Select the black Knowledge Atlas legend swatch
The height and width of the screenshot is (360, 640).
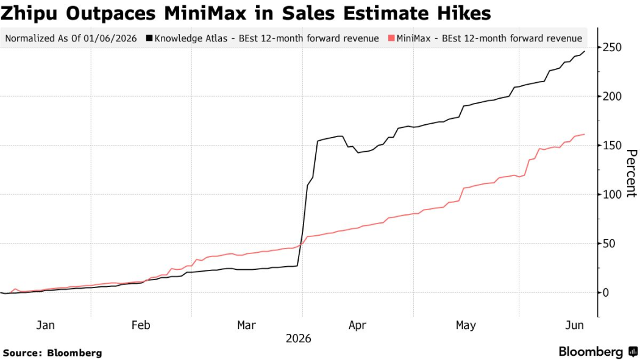[x=149, y=38]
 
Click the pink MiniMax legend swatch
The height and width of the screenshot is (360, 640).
[x=391, y=38]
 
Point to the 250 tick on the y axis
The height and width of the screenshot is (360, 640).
[x=612, y=48]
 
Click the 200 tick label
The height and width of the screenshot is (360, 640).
[x=612, y=97]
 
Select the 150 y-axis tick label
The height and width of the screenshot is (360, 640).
[x=612, y=146]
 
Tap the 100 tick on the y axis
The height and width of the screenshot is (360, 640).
[x=612, y=194]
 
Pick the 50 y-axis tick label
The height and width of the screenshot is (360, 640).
[x=608, y=244]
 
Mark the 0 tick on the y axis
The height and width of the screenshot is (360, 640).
[x=605, y=292]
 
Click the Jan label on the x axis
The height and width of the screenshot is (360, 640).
[x=45, y=325]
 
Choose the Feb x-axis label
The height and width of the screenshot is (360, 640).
[x=141, y=325]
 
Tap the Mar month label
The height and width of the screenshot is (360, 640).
[x=246, y=325]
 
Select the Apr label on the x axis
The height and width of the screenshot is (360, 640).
[x=357, y=325]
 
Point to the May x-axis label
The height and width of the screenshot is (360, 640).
[x=466, y=325]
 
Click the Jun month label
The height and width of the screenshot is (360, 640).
[x=574, y=325]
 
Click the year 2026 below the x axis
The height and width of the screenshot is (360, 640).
[x=299, y=339]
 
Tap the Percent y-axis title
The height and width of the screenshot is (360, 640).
[x=631, y=173]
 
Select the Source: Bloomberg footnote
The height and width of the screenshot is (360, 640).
[x=52, y=353]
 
